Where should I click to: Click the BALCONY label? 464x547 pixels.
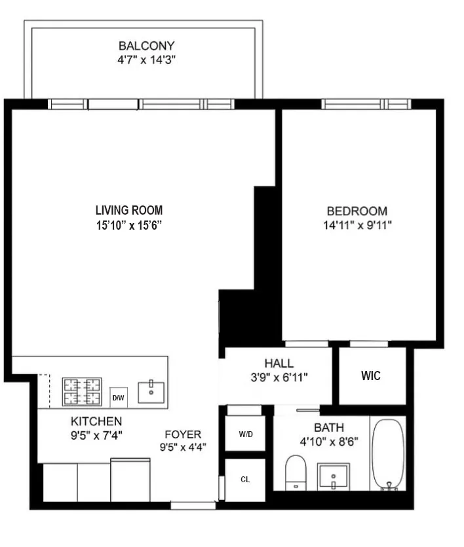[146, 46]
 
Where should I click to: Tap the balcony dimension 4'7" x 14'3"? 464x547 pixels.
[146, 60]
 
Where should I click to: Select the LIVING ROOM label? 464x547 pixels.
[128, 211]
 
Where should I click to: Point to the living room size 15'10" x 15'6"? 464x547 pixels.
[128, 225]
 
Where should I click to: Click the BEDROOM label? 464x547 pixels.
[357, 211]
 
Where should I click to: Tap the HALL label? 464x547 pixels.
[279, 363]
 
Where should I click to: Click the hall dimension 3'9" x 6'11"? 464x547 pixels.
[279, 377]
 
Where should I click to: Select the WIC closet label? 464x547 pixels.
[371, 376]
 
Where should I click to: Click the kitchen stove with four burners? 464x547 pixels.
[82, 391]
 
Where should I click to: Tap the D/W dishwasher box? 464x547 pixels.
[119, 397]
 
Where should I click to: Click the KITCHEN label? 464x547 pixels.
[96, 421]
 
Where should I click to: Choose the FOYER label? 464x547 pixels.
[182, 434]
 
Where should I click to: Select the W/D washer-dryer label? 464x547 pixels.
[245, 434]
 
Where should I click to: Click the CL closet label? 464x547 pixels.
[245, 479]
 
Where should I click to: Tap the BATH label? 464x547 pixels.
[328, 428]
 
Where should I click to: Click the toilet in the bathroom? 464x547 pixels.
[297, 472]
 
